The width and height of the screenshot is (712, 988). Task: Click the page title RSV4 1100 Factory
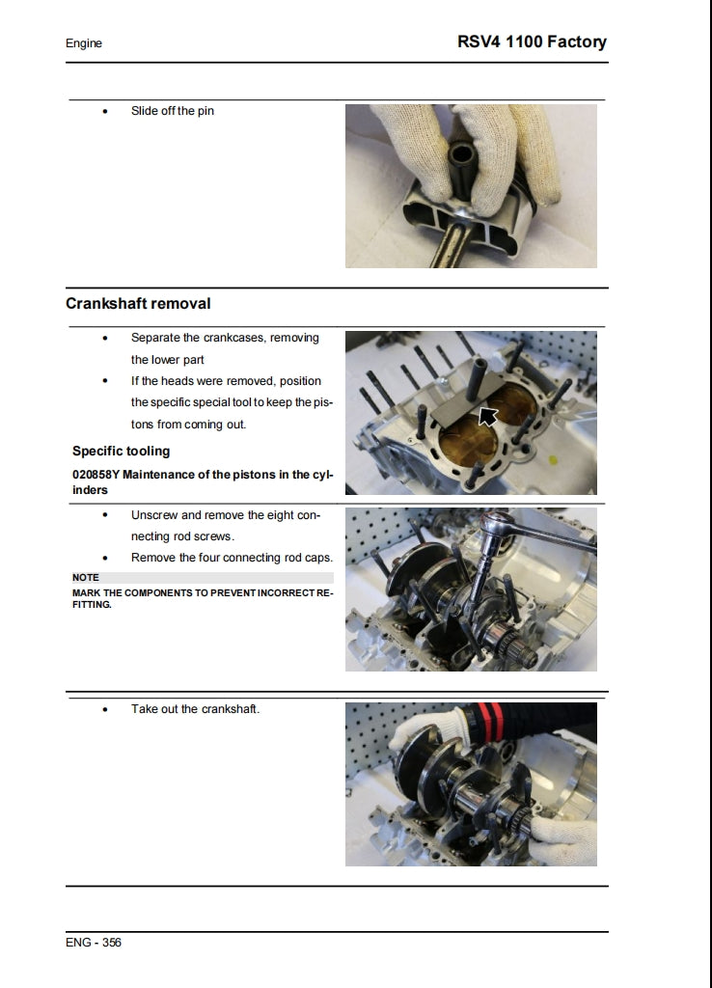click(x=532, y=41)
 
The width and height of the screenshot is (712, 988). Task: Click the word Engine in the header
click(x=84, y=43)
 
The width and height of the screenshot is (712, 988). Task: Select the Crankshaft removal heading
click(x=138, y=304)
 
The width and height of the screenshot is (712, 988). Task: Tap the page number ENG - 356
click(x=94, y=943)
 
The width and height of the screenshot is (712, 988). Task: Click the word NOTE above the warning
click(x=86, y=578)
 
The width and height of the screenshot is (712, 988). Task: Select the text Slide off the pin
click(x=173, y=111)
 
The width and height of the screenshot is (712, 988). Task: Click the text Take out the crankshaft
click(x=195, y=709)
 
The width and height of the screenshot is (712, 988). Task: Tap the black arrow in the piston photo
click(x=488, y=417)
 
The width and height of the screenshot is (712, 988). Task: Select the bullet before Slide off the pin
click(x=105, y=112)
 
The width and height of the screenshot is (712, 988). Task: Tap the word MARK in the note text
click(x=87, y=591)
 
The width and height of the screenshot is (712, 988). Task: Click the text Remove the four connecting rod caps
click(x=232, y=558)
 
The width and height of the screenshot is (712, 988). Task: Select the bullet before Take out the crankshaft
click(x=105, y=710)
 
